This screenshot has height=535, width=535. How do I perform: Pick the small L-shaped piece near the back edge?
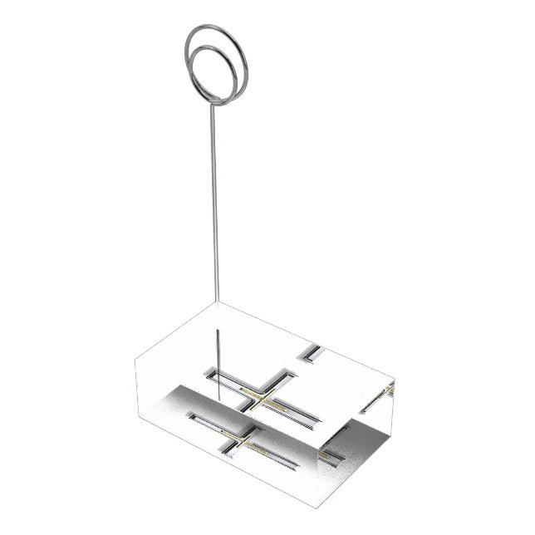312,352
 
